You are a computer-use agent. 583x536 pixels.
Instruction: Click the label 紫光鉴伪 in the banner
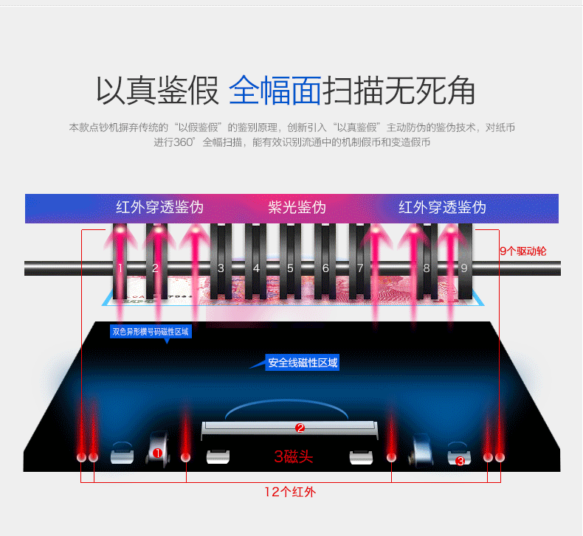coord(297,207)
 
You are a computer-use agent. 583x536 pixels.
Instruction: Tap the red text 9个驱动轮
coord(522,251)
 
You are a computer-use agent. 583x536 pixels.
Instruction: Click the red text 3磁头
coord(293,457)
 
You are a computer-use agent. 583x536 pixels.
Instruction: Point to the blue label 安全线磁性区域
coord(303,363)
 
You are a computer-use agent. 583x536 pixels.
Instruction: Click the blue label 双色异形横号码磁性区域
coord(151,332)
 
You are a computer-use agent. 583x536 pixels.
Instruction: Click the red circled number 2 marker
coord(300,427)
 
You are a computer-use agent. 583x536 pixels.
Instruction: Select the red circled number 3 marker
coord(460,462)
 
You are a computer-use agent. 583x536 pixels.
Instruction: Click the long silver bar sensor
coord(289,427)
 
